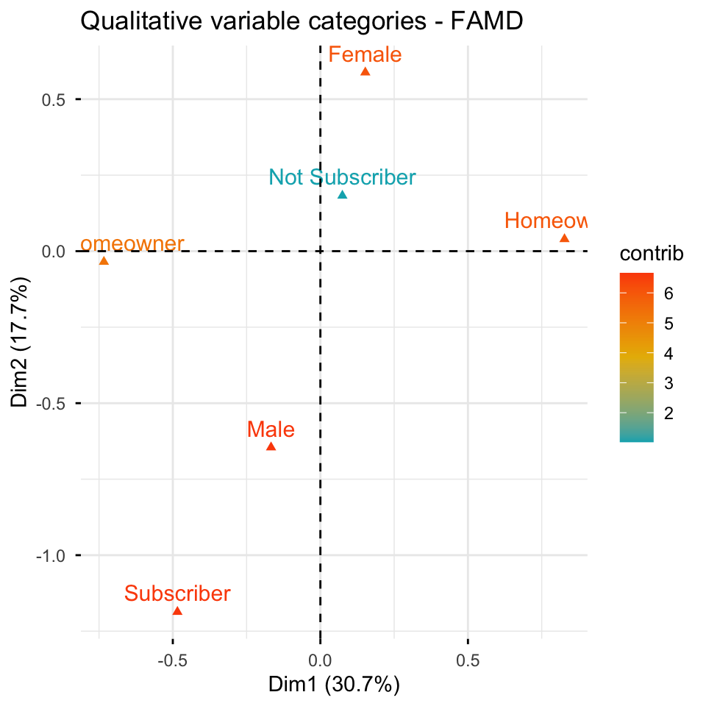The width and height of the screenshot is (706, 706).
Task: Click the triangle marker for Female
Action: [365, 72]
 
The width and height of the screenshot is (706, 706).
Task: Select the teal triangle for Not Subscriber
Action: [342, 195]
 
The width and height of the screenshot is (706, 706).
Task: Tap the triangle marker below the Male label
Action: [271, 446]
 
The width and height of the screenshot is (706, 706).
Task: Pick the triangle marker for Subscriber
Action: [177, 611]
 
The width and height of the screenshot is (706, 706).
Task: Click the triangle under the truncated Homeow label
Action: [564, 238]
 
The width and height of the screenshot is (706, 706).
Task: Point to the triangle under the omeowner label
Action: [104, 261]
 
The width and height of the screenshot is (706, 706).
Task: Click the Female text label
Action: [365, 54]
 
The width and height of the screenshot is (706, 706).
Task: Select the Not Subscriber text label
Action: [342, 177]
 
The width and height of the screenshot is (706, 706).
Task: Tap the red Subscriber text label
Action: [177, 593]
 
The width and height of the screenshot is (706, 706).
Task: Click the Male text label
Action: [271, 429]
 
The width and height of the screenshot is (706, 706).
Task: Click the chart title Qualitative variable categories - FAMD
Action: [301, 22]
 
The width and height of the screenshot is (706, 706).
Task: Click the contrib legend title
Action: [652, 254]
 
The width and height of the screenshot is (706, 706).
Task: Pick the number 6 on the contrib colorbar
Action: [668, 293]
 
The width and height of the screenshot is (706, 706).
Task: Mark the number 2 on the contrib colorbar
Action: [668, 414]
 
